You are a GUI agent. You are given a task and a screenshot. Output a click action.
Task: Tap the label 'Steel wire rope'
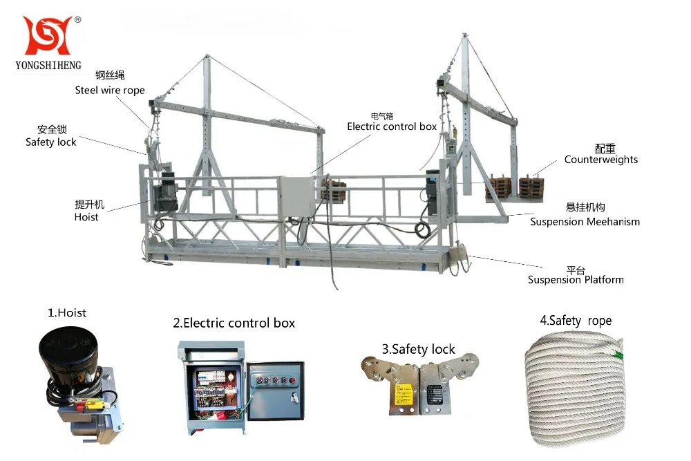(x=110, y=90)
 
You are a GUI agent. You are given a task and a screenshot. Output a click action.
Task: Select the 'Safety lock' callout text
(x=51, y=142)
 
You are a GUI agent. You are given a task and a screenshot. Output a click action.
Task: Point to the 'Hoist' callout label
(x=86, y=217)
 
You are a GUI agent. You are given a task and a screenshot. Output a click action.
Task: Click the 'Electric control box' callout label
(x=392, y=126)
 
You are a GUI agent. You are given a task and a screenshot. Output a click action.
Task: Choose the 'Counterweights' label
(x=600, y=160)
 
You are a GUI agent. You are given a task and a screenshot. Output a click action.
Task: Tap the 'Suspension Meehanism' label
(x=585, y=222)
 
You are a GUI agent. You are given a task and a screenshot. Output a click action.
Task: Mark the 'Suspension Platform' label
(x=576, y=280)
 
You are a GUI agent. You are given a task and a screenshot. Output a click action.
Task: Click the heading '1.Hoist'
(x=67, y=313)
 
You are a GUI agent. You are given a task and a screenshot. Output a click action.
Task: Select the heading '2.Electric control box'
(x=234, y=323)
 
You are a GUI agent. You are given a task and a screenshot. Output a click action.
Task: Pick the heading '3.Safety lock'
(x=418, y=349)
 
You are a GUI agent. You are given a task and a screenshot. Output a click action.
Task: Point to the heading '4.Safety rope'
(x=576, y=321)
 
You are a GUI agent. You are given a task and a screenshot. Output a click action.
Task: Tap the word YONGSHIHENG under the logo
(x=48, y=65)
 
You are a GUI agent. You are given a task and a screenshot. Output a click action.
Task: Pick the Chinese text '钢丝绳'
(x=110, y=75)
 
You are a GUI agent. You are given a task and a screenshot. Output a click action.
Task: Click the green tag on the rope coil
(x=619, y=357)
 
